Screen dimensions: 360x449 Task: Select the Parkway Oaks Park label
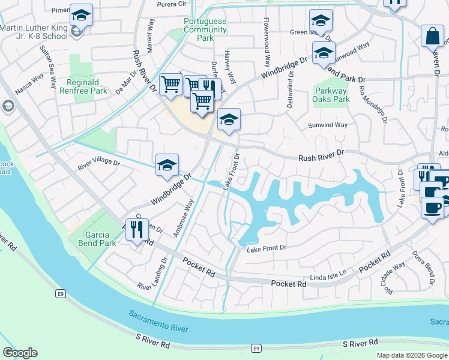pos(331,95)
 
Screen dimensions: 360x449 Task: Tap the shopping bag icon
pos(432,37)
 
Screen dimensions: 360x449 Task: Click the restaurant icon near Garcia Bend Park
pos(137,229)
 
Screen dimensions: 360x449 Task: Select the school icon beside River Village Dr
pos(167,166)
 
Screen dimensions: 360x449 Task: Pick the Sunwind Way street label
pos(328,125)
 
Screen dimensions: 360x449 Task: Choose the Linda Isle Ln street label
pos(329,274)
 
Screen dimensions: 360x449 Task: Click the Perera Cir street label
pos(172,4)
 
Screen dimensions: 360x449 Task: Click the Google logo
pos(20,353)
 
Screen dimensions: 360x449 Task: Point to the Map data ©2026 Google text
pos(411,355)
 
